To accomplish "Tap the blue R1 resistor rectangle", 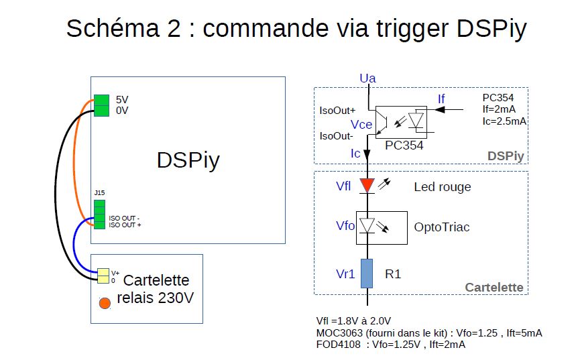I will coord(367,273).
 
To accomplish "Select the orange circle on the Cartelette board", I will coord(105,303).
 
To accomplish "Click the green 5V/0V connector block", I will coord(101,105).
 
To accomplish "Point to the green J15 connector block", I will coord(99,214).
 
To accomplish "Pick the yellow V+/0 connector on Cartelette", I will coord(103,276).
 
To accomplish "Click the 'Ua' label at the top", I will coord(367,79).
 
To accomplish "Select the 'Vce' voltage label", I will coord(361,125).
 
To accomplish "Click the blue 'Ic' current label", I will coord(356,154).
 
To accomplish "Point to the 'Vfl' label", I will coord(343,186).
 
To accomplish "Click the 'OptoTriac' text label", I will coord(442,227).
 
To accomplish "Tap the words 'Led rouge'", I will coord(442,187).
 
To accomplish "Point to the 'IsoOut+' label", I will coord(338,111).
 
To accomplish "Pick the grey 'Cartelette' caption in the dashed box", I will coord(494,288).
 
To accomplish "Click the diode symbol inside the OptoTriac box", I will coord(367,226).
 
